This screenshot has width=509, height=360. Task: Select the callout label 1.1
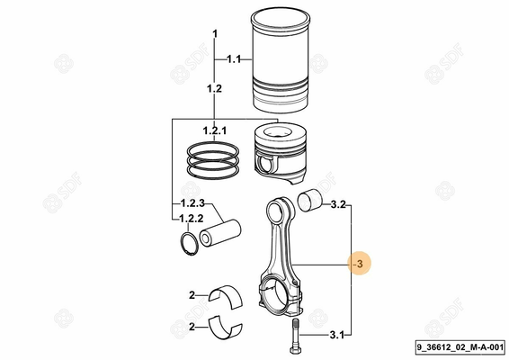(234, 59)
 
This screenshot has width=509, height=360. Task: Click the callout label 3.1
(336, 336)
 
